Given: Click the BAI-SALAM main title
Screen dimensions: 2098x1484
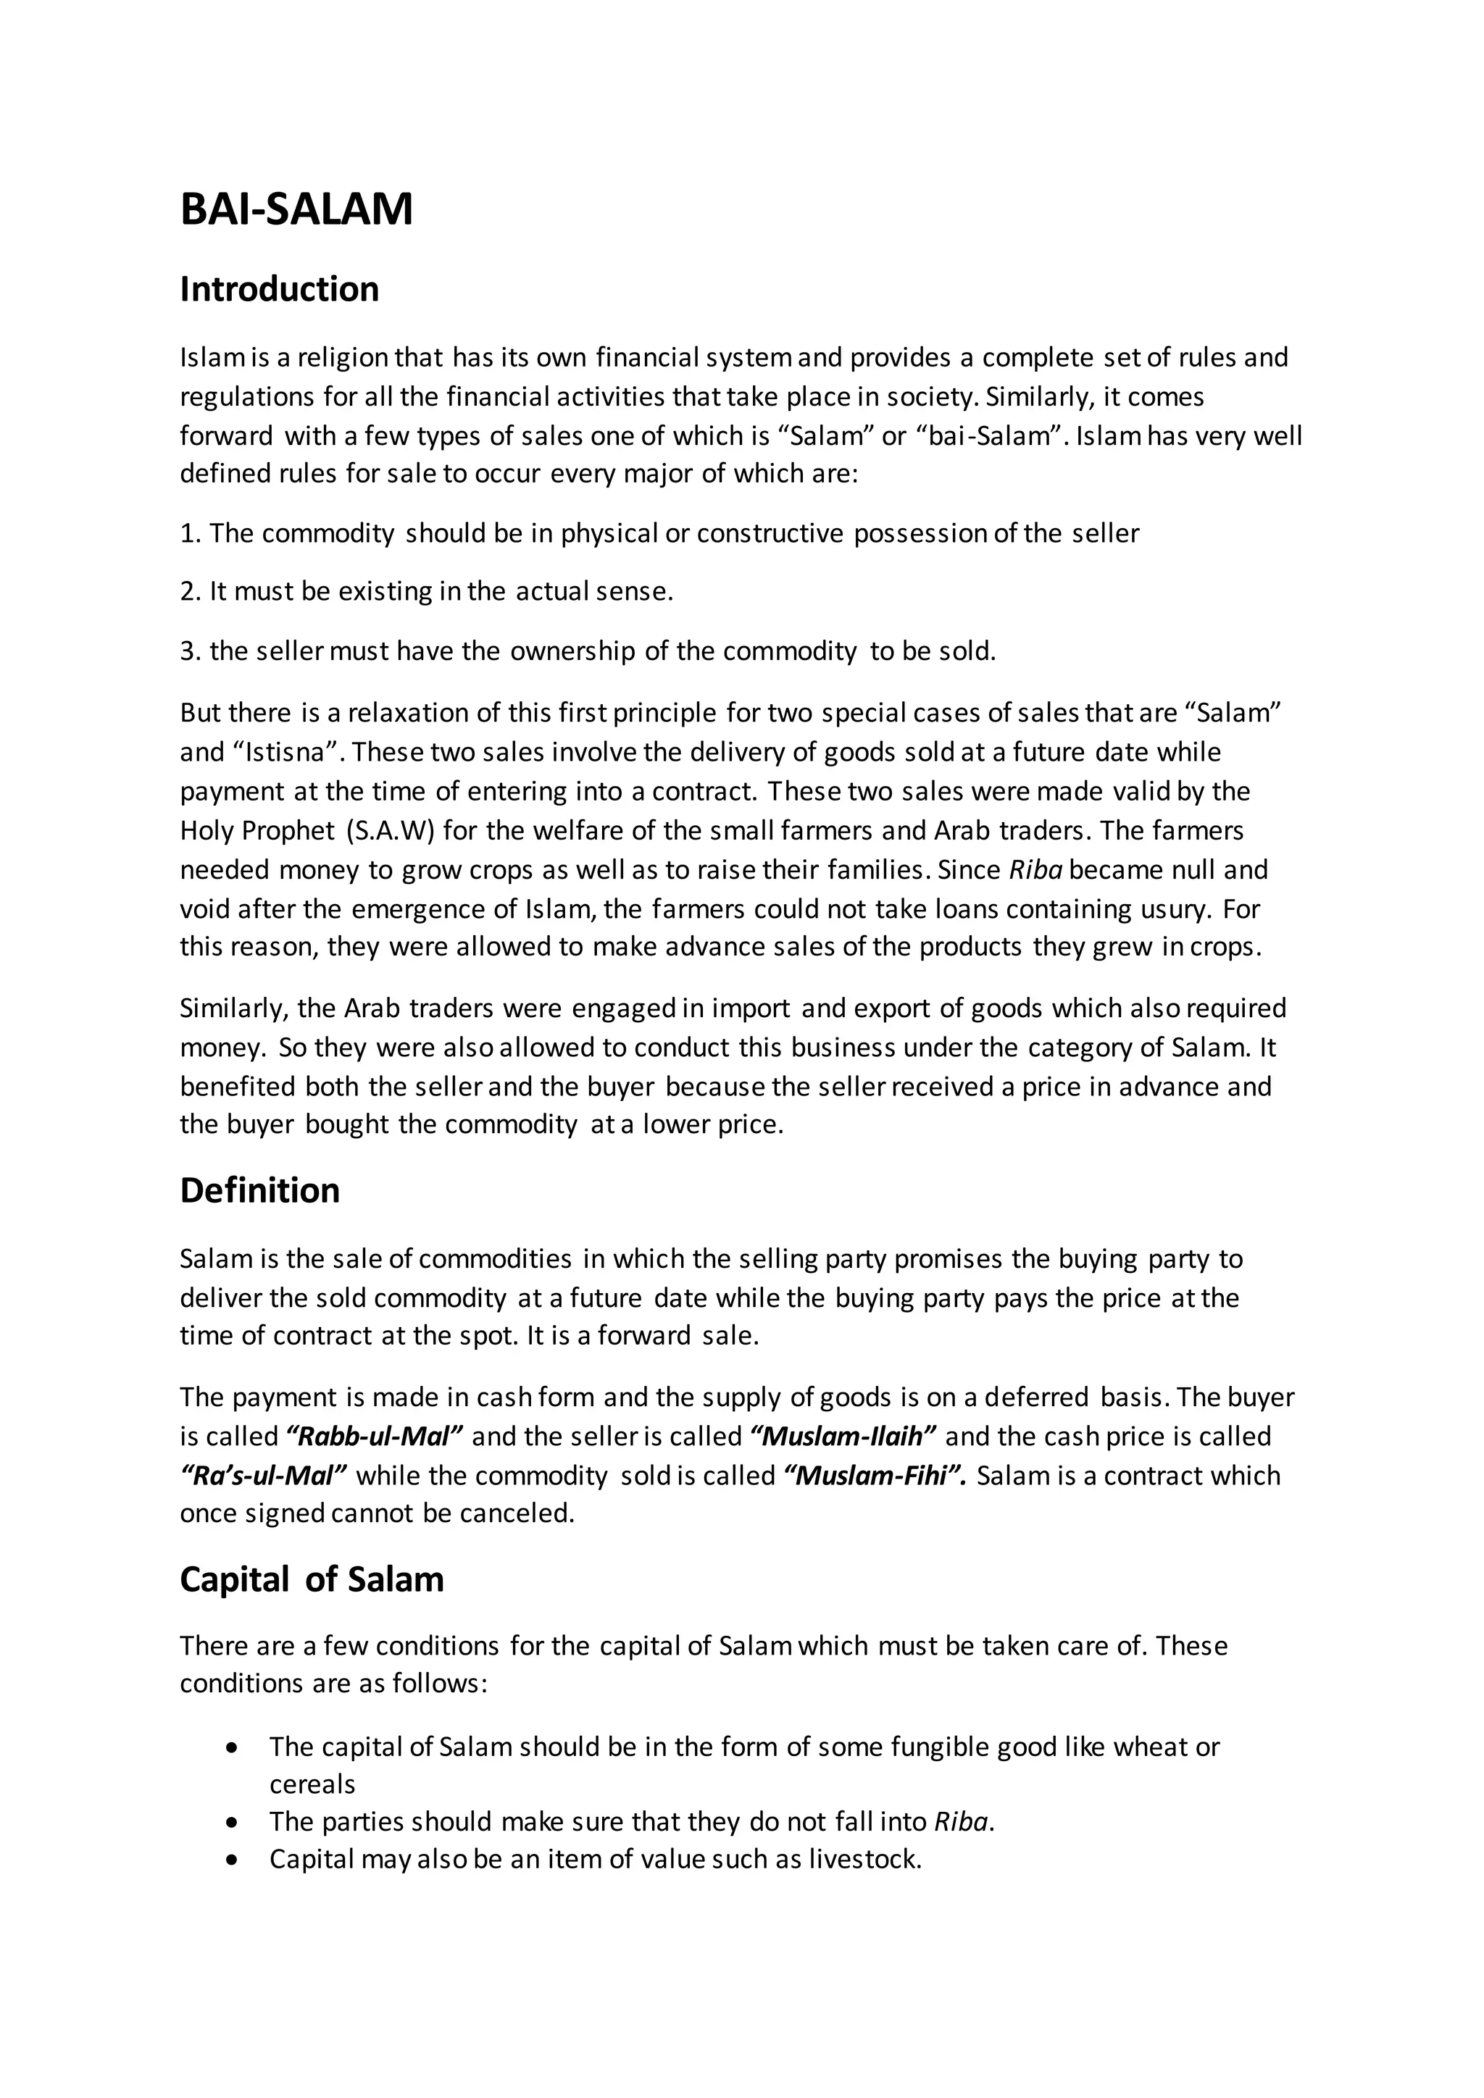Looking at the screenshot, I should tap(296, 209).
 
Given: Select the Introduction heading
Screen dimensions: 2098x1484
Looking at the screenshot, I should tap(279, 289).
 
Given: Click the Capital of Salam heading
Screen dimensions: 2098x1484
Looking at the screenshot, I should tap(312, 1579).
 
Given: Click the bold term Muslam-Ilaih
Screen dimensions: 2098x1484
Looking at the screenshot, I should tap(843, 1437).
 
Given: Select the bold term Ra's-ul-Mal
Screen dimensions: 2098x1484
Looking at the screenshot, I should tap(264, 1476).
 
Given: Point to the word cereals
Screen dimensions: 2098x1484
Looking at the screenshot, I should tap(312, 1784).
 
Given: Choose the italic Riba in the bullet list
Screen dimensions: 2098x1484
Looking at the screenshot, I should tap(960, 1822).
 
